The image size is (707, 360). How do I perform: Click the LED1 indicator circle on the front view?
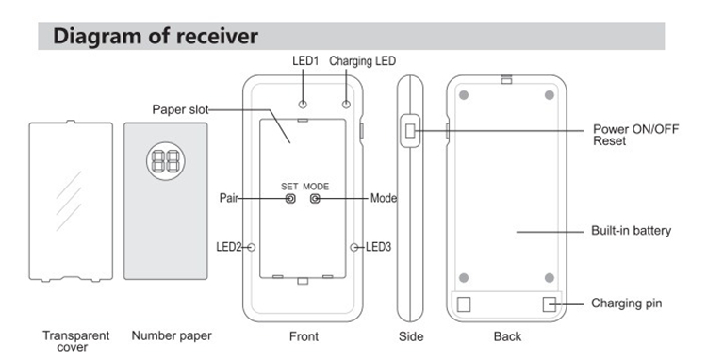pyautogui.click(x=303, y=104)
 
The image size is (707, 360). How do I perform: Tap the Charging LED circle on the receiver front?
pyautogui.click(x=346, y=104)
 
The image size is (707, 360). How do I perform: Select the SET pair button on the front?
pyautogui.click(x=291, y=198)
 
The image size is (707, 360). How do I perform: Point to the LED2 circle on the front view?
pyautogui.click(x=252, y=247)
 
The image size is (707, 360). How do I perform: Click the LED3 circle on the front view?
pyautogui.click(x=354, y=247)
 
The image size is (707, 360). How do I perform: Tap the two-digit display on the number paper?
pyautogui.click(x=166, y=161)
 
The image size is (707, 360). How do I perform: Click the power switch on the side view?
pyautogui.click(x=410, y=131)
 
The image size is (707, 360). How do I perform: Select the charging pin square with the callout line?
pyautogui.click(x=550, y=304)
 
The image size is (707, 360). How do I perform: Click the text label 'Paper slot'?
pyautogui.click(x=180, y=109)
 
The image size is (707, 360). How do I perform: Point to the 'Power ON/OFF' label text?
pyautogui.click(x=635, y=129)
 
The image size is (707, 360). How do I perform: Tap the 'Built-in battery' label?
pyautogui.click(x=632, y=231)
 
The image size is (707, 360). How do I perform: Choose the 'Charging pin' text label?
pyautogui.click(x=627, y=303)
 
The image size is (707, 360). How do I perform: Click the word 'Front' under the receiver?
pyautogui.click(x=304, y=336)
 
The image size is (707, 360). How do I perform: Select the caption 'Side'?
pyautogui.click(x=411, y=336)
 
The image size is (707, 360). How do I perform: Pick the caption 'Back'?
pyautogui.click(x=507, y=336)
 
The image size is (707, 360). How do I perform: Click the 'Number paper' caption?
pyautogui.click(x=172, y=336)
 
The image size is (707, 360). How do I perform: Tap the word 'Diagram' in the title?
pyautogui.click(x=98, y=36)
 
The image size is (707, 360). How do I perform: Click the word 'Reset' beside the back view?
pyautogui.click(x=609, y=141)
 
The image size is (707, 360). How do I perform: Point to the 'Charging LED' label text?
pyautogui.click(x=363, y=61)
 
